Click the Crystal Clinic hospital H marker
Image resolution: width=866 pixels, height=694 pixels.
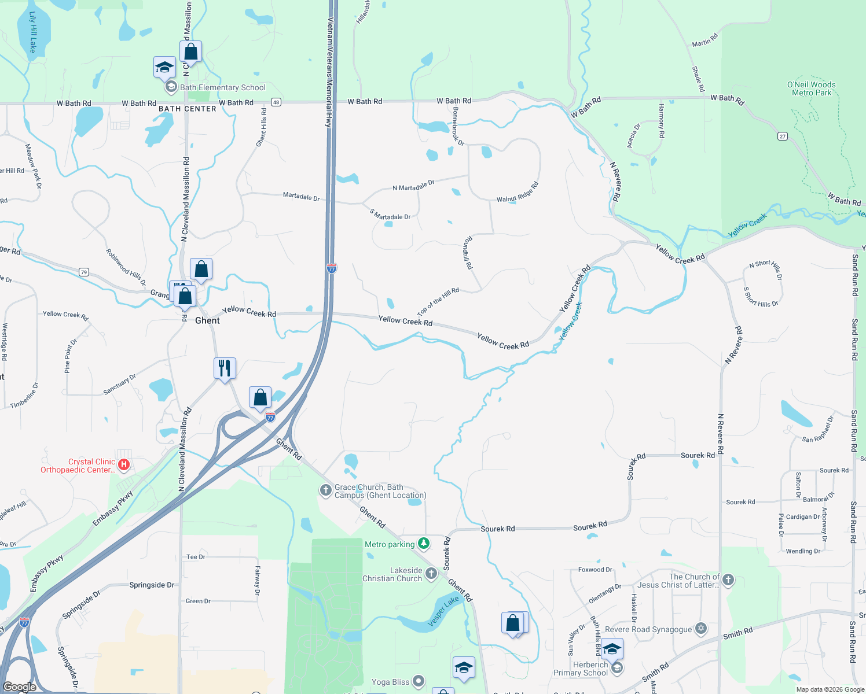pos(123,464)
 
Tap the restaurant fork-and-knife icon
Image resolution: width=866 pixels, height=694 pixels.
pos(225,368)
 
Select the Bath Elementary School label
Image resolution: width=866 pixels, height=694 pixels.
pos(223,87)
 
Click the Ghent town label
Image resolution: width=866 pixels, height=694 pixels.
pos(207,320)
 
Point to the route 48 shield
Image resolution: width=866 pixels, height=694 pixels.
pos(276,102)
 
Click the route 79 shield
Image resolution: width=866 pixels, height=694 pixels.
pos(84,272)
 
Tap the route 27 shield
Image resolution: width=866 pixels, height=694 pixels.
pos(783,136)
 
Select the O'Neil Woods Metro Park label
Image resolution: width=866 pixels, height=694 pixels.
pos(811,88)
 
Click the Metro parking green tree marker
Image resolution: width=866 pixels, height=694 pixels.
pos(424,543)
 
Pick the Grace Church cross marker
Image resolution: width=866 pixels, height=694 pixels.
pos(325,490)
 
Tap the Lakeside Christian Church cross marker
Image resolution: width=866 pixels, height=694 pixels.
pos(431,573)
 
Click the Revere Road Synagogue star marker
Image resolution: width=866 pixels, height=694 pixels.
pos(701,628)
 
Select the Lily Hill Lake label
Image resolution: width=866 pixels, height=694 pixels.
pos(32,32)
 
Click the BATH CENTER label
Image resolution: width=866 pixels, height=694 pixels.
pos(188,109)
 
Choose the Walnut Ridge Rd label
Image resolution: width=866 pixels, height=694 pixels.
pos(518,193)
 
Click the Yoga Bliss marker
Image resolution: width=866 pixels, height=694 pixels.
pos(419,681)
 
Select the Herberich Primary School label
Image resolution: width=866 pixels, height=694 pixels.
pos(581,669)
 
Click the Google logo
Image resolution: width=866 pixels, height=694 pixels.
pos(19,687)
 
